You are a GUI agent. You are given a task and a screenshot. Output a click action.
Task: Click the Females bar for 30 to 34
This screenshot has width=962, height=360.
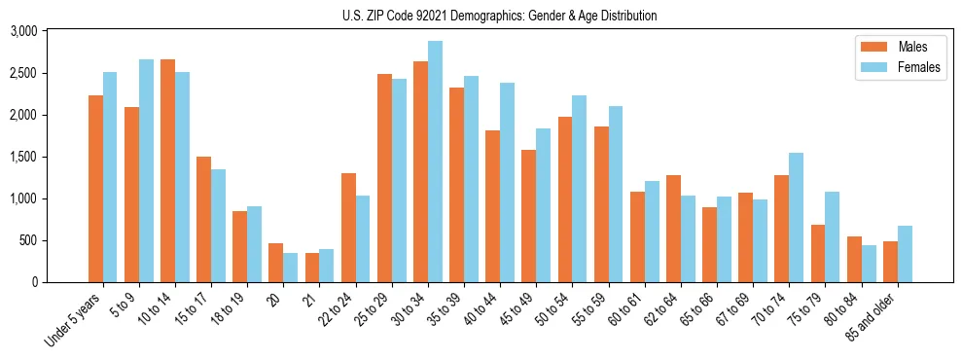click(435, 162)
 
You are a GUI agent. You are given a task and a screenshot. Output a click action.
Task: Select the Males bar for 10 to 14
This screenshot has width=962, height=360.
click(167, 171)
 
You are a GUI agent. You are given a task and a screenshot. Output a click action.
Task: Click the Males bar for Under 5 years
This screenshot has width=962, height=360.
click(95, 189)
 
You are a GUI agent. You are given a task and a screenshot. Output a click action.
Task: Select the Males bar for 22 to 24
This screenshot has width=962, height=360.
click(348, 228)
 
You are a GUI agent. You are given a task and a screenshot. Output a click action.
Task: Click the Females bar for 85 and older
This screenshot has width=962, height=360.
click(905, 254)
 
